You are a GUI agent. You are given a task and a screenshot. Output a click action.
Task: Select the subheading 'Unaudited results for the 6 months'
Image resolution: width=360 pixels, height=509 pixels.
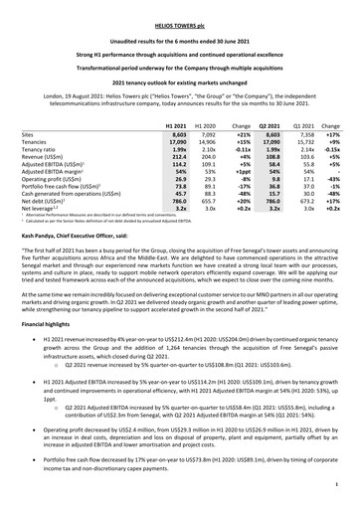[180, 29]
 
